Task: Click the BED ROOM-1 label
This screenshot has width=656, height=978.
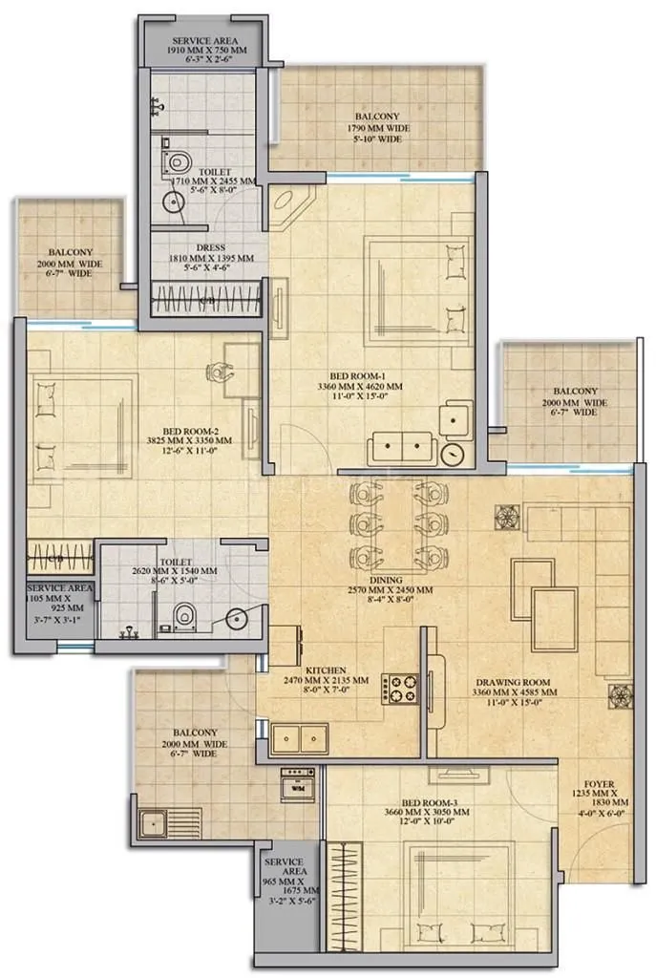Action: [x=373, y=375]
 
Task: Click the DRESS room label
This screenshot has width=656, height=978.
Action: [x=204, y=245]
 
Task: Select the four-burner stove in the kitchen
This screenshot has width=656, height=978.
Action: [x=399, y=688]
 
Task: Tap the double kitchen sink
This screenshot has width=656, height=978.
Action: [x=298, y=738]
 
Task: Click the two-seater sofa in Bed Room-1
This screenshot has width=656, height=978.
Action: [x=402, y=448]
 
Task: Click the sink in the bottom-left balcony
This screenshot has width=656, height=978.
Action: [x=151, y=822]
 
